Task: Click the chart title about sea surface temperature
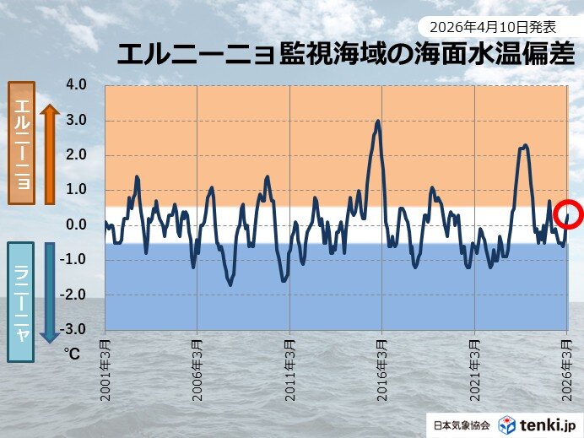click(x=345, y=55)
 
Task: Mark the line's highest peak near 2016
click(x=378, y=121)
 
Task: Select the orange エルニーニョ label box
click(x=21, y=143)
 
